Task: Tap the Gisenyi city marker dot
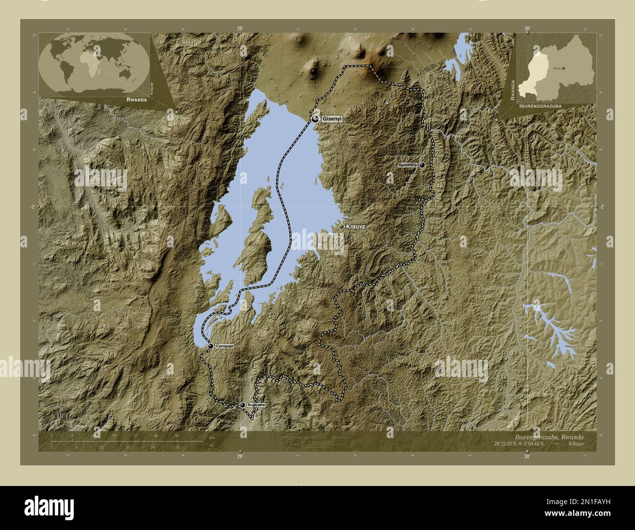tap(316, 119)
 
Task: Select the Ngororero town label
tap(407, 165)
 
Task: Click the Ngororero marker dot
tap(422, 165)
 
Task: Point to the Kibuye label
tap(356, 227)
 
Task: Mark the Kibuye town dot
tap(341, 226)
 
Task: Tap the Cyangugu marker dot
tap(211, 346)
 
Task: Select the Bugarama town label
tap(256, 405)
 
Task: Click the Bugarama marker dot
tap(242, 405)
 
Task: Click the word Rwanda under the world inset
tap(136, 99)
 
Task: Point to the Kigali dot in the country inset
tap(564, 69)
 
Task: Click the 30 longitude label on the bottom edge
tap(526, 457)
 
